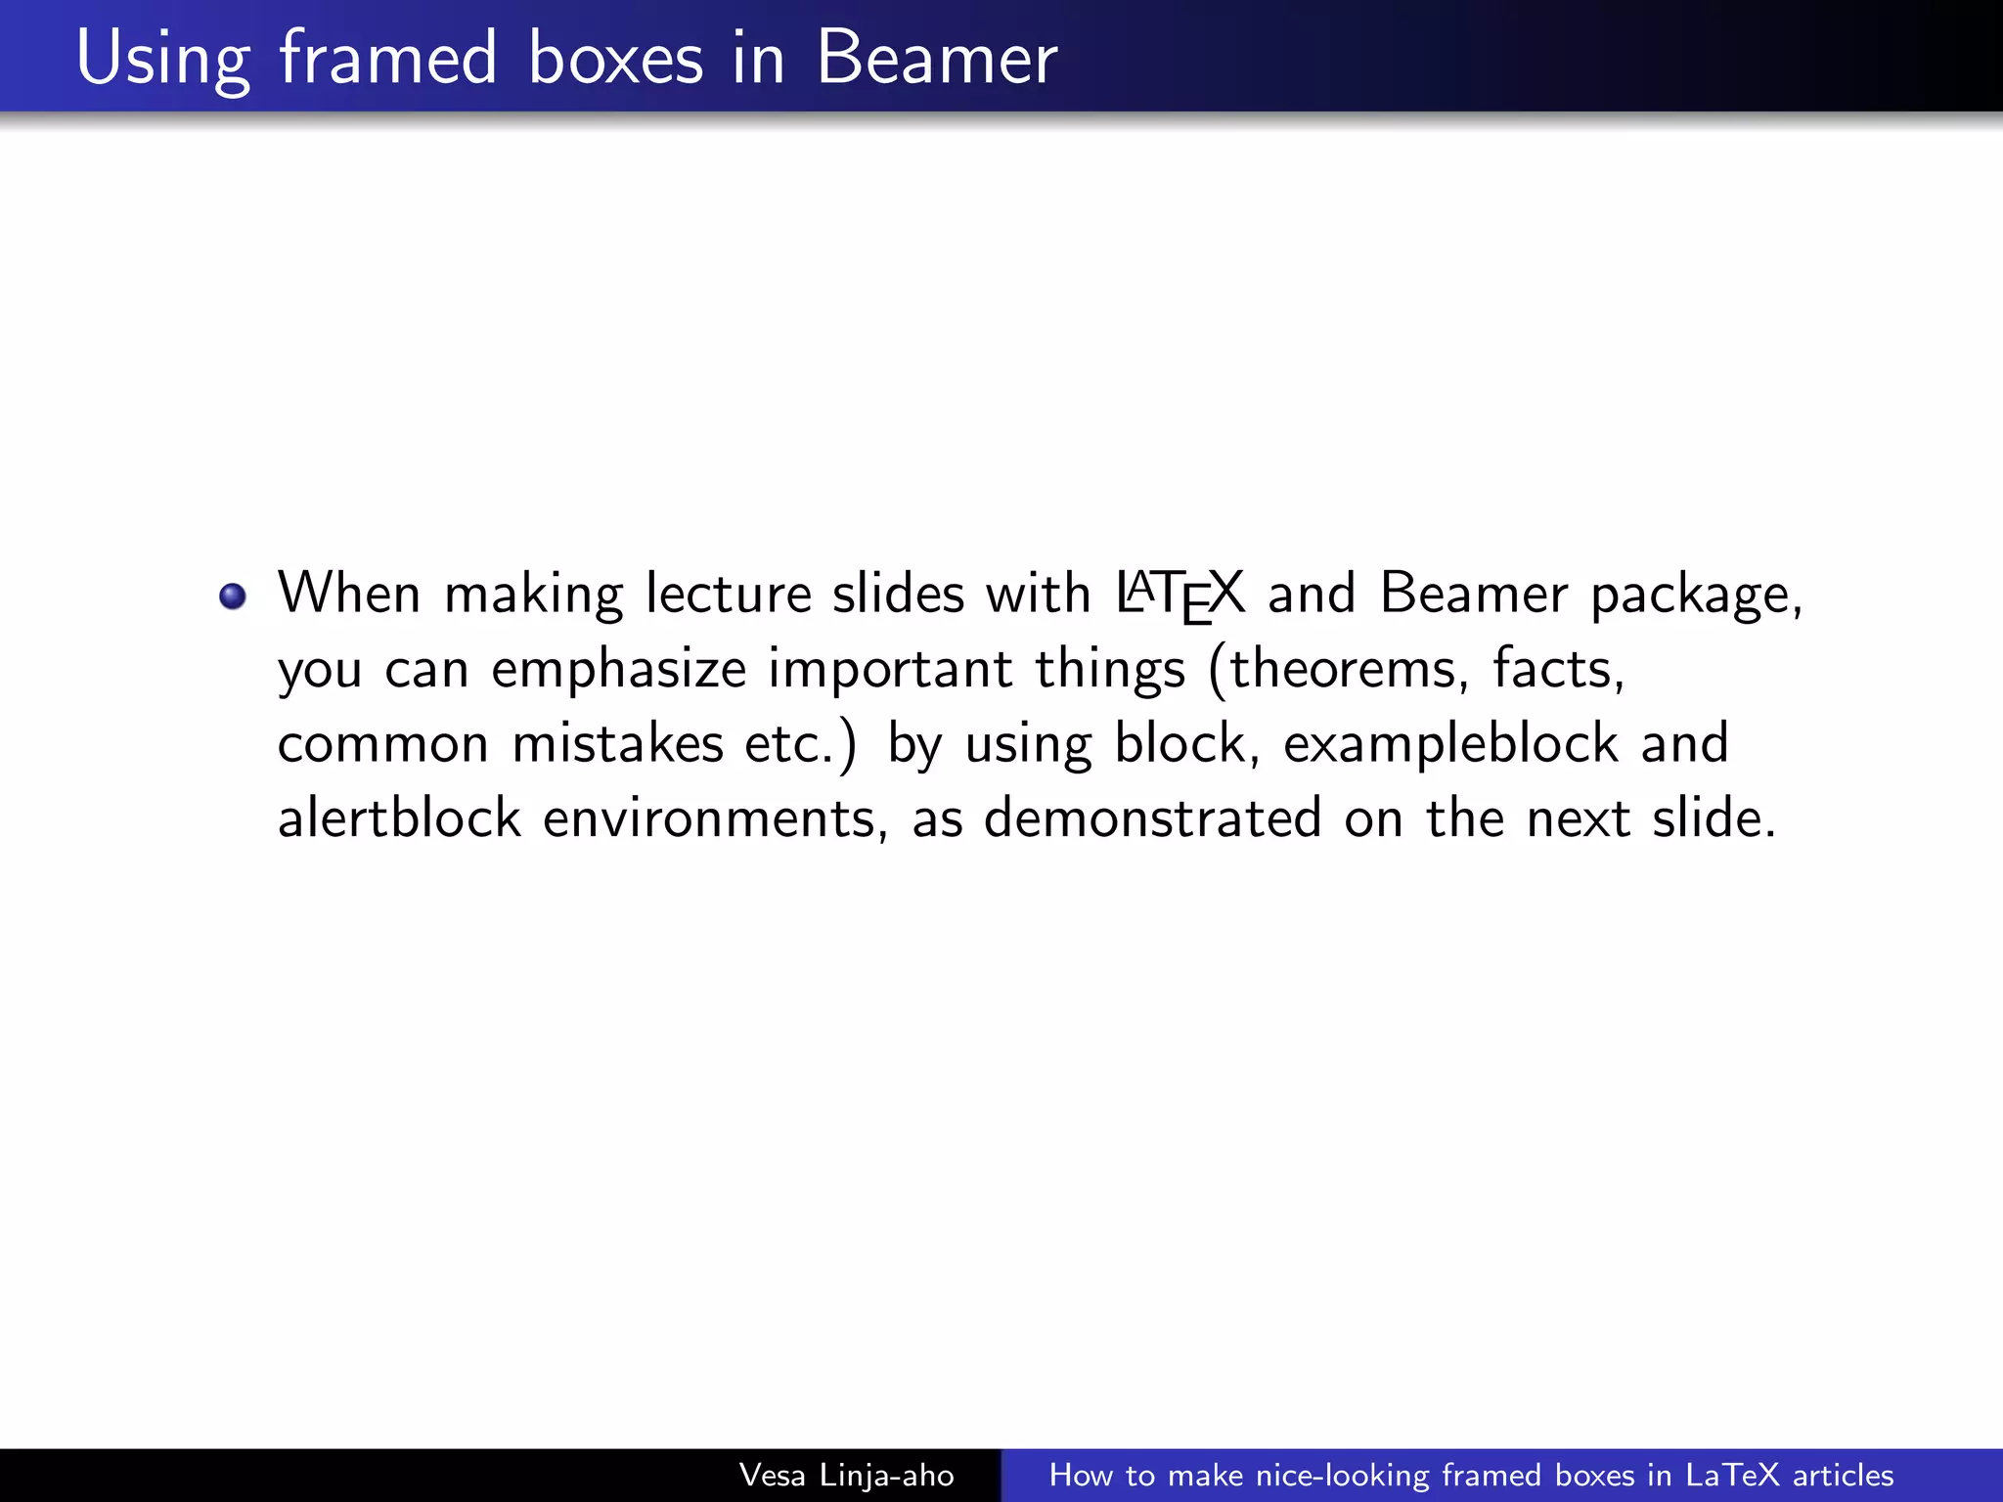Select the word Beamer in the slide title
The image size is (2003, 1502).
point(936,59)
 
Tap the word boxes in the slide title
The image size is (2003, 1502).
point(615,59)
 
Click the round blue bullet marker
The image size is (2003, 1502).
point(233,596)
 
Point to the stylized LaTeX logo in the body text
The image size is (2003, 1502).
point(1180,595)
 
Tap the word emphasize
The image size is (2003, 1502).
point(618,670)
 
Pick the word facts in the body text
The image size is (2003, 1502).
point(1558,669)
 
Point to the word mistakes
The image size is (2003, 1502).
point(617,743)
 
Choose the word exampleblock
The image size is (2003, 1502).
point(1450,744)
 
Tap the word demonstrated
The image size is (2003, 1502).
point(1152,818)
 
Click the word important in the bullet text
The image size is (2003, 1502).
point(890,670)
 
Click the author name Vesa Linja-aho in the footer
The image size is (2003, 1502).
point(846,1475)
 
